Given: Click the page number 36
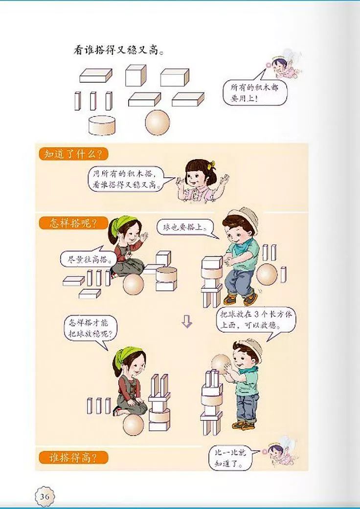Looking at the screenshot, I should click(45, 496).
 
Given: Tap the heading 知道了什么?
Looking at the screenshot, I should click(72, 155).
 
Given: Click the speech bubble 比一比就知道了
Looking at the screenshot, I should click(233, 457).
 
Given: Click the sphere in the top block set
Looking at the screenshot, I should click(157, 122).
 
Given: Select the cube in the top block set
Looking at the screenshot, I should click(135, 76).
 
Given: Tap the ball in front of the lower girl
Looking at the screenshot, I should click(133, 423).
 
